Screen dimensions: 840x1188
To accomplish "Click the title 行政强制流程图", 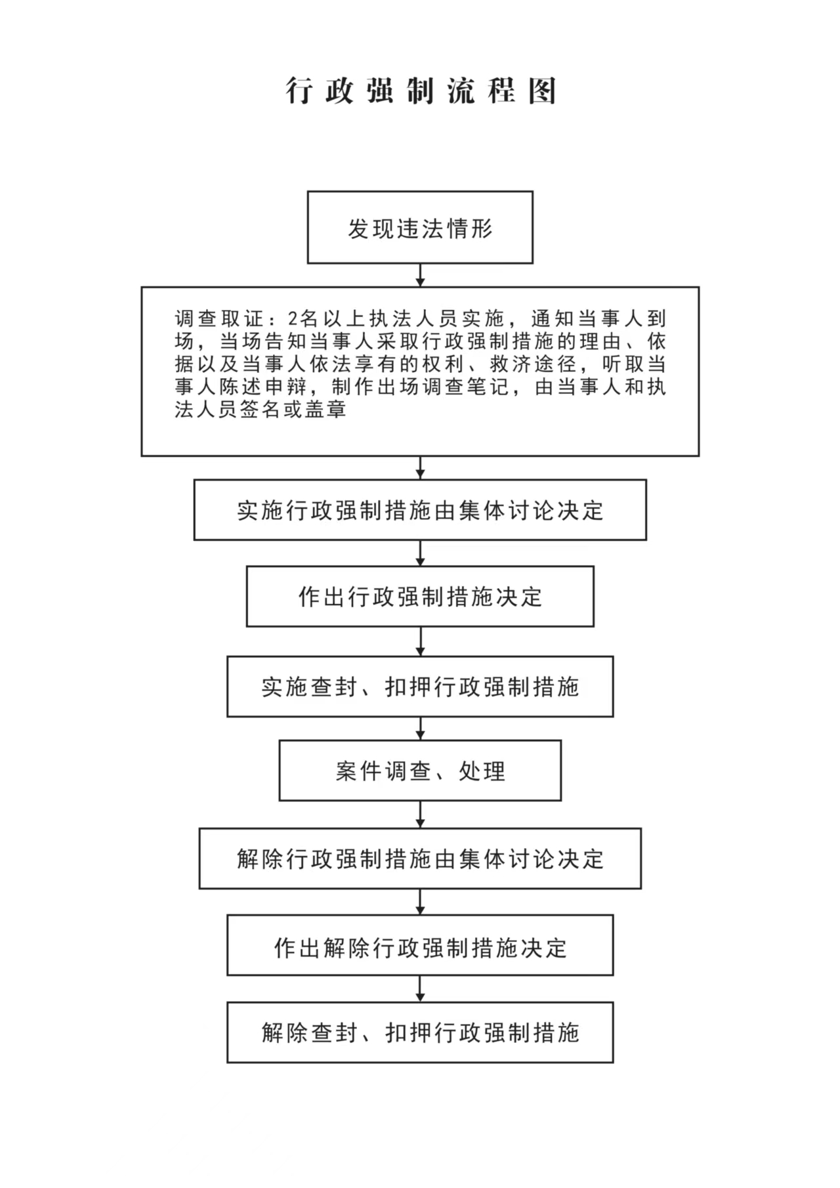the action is (421, 91).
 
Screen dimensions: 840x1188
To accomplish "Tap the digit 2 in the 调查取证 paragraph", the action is (293, 319).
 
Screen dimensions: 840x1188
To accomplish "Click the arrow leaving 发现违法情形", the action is (420, 275).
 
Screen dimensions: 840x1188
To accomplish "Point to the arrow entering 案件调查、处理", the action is (420, 729).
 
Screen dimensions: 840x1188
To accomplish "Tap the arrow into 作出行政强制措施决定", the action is (420, 553).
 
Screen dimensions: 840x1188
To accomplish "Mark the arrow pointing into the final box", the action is (420, 989).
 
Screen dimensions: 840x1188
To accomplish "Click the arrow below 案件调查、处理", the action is (420, 815).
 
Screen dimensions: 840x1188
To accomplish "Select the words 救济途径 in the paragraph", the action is (533, 364).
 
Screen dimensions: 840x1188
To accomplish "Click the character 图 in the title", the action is (543, 91).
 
